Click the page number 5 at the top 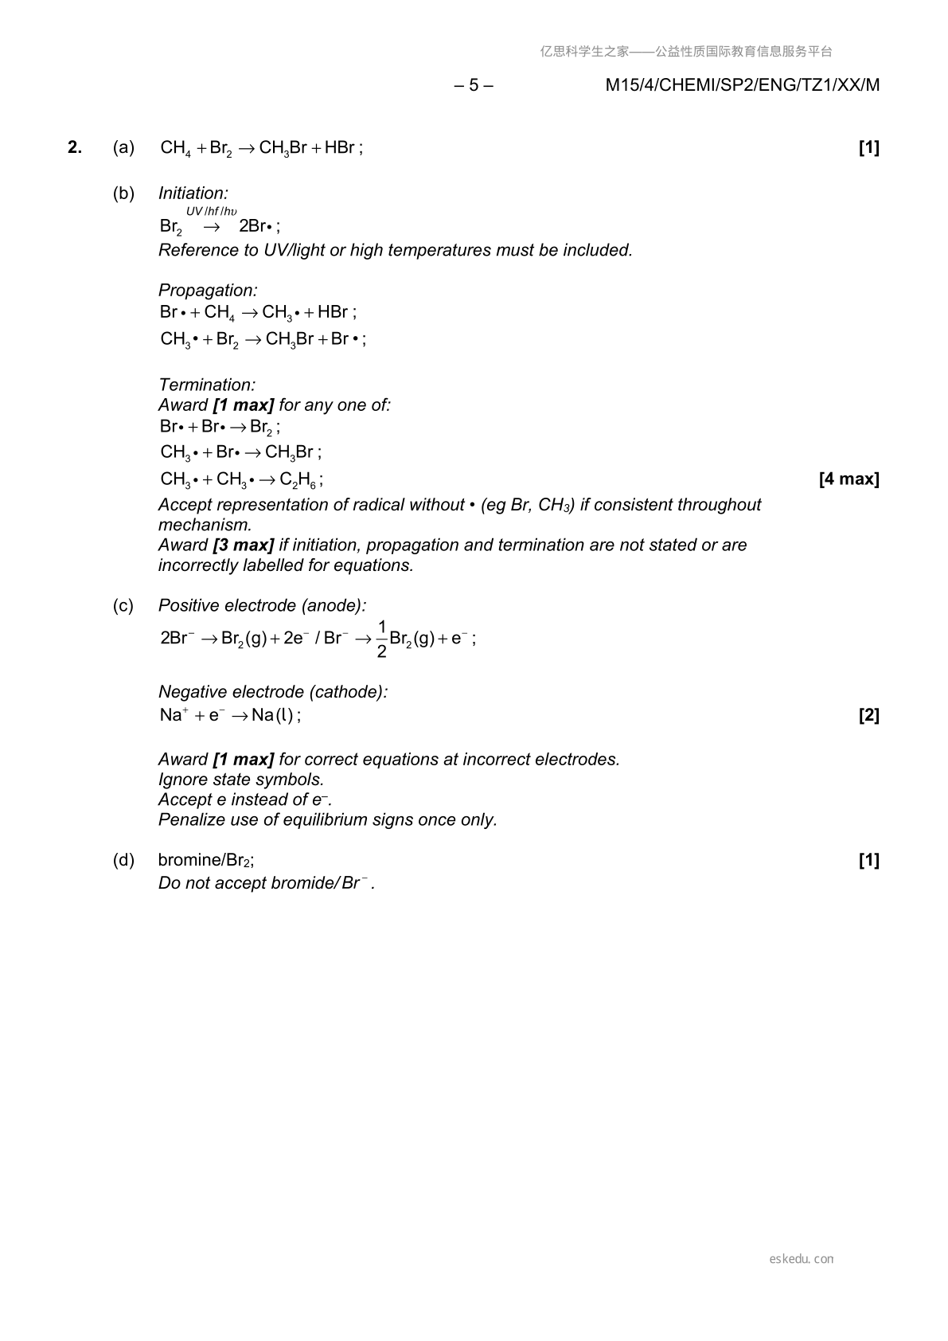(474, 85)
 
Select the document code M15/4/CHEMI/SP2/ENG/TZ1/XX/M (742, 85)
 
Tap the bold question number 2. (75, 147)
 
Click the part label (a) (123, 147)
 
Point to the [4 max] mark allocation (849, 479)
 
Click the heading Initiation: (193, 194)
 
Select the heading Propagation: (208, 291)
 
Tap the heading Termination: (207, 385)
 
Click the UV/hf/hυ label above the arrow (212, 211)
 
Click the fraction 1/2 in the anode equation (381, 639)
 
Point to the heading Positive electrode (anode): (262, 606)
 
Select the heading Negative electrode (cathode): (273, 692)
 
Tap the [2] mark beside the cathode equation (868, 715)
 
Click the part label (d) (123, 860)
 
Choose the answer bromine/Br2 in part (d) (205, 860)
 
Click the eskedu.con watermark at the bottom (802, 1259)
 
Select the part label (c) (123, 606)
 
